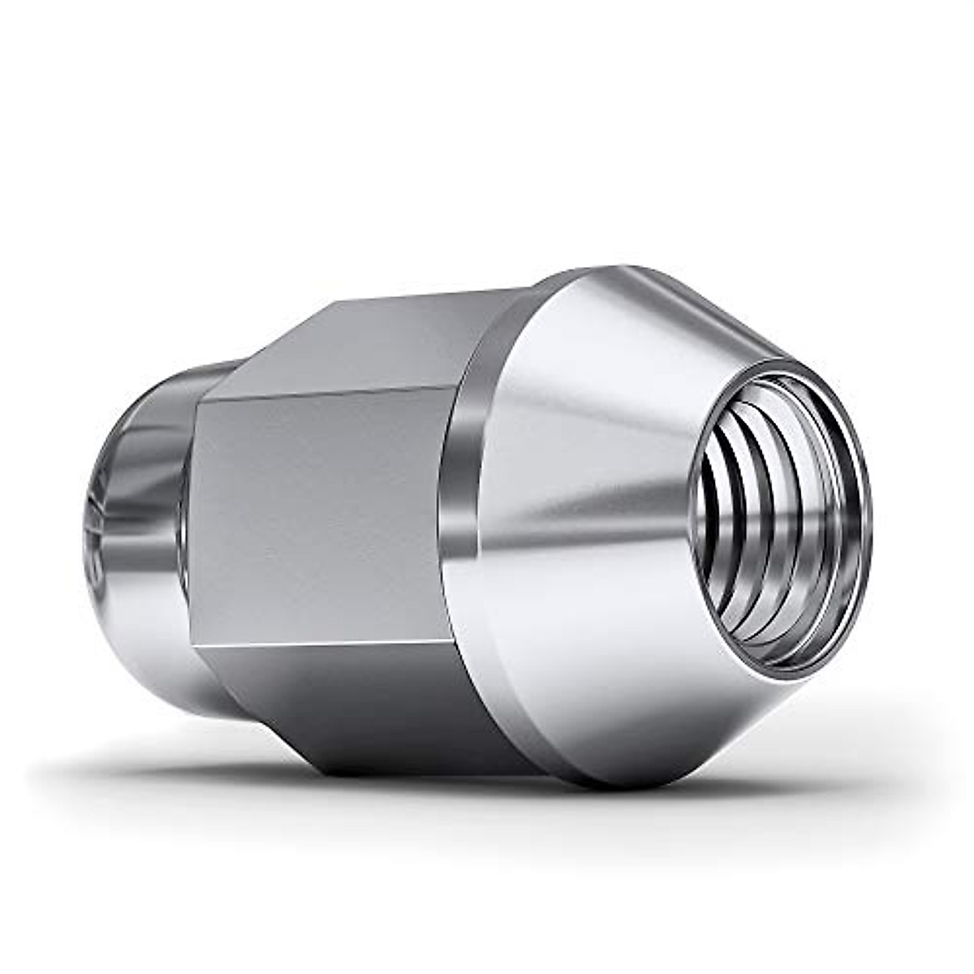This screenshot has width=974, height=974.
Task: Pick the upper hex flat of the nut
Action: coord(381,341)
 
